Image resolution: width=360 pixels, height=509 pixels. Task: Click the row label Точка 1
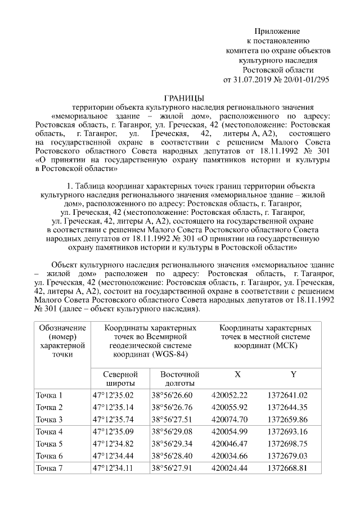pos(49,395)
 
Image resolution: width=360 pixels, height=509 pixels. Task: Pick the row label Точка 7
pos(49,467)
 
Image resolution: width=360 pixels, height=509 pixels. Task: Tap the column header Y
pos(293,374)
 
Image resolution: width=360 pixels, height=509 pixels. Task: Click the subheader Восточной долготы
pos(179,378)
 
